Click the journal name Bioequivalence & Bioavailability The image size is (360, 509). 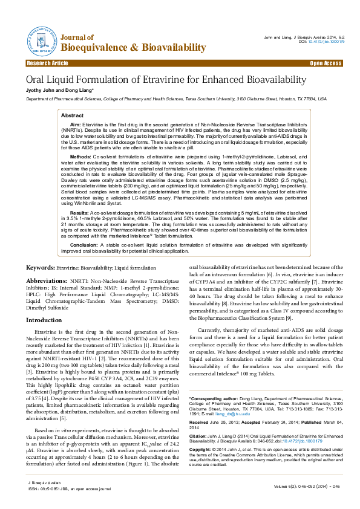[x=134, y=48]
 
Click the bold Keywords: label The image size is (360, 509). [x=41, y=267]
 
